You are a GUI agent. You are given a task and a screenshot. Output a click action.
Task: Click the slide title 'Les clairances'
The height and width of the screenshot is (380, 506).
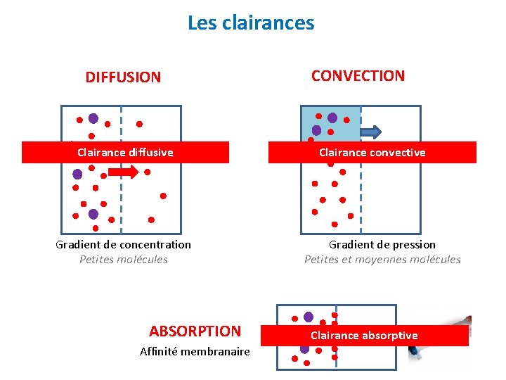click(x=251, y=23)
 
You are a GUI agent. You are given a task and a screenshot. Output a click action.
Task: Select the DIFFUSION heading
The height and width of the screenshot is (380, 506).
click(x=123, y=77)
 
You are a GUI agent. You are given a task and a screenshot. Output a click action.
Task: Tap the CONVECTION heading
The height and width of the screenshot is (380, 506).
click(x=358, y=76)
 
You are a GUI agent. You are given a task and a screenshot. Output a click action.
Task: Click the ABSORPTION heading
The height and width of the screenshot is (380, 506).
click(x=195, y=331)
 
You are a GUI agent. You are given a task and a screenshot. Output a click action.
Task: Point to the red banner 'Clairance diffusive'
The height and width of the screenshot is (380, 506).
click(x=125, y=152)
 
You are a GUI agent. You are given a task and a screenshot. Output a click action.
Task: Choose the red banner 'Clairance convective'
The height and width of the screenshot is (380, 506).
click(x=372, y=152)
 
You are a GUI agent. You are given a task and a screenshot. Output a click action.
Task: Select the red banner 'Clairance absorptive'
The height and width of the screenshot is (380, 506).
click(x=364, y=336)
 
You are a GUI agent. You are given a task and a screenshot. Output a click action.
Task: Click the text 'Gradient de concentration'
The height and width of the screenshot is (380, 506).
click(x=123, y=245)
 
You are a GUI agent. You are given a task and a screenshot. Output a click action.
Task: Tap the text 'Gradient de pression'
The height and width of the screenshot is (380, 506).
click(x=382, y=245)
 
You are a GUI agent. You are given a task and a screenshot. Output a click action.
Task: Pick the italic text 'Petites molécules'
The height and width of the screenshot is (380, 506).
click(x=124, y=260)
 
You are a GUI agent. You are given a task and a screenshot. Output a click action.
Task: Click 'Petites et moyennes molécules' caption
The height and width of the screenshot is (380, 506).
click(x=382, y=260)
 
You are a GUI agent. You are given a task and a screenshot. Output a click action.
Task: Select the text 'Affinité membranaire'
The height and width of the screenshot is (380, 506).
click(x=195, y=351)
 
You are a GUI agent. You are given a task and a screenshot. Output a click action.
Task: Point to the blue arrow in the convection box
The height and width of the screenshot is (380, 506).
click(x=370, y=131)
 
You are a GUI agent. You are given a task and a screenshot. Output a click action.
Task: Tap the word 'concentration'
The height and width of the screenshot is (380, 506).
click(x=155, y=245)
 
